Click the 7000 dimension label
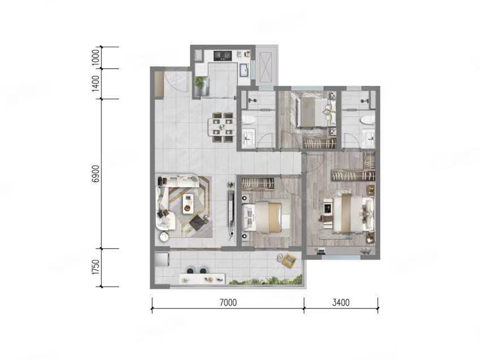pyautogui.click(x=228, y=302)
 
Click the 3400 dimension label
pyautogui.click(x=341, y=302)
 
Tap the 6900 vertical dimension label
pyautogui.click(x=95, y=174)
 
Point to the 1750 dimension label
pyautogui.click(x=95, y=267)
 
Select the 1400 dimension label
pyautogui.click(x=95, y=84)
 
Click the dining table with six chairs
pyautogui.click(x=222, y=127)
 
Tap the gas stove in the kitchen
pyautogui.click(x=222, y=56)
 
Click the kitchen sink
pyautogui.click(x=245, y=70)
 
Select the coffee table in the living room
pyautogui.click(x=188, y=204)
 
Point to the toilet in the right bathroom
pyautogui.click(x=366, y=120)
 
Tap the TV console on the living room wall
pyautogui.click(x=231, y=209)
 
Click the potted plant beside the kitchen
pyautogui.click(x=199, y=82)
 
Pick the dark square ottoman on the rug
pyautogui.click(x=198, y=223)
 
